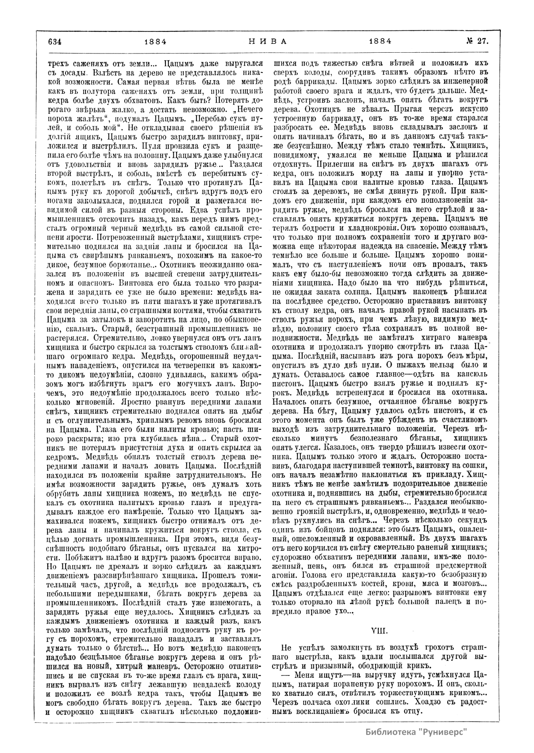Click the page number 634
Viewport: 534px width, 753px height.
click(54, 42)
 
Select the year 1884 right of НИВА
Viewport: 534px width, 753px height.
click(380, 42)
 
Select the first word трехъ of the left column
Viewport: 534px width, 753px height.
click(59, 63)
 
